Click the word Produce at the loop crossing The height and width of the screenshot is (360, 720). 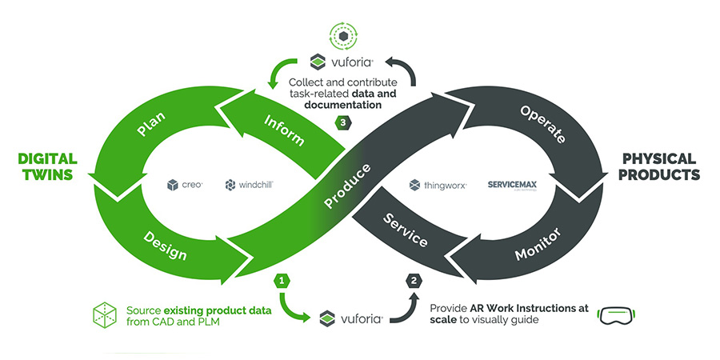coord(347,186)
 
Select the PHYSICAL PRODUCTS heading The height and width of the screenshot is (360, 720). coord(658,166)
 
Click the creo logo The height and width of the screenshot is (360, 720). coord(185,185)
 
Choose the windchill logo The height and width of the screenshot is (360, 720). coord(250,185)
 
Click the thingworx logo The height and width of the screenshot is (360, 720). coord(438,185)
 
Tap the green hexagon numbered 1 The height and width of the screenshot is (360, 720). coord(281,280)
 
